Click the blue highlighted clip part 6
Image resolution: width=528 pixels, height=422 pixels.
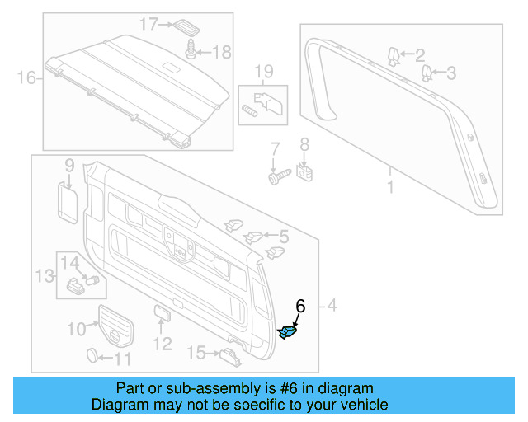point(290,332)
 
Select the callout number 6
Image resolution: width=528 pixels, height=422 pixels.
point(300,306)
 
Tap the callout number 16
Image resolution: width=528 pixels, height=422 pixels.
point(26,78)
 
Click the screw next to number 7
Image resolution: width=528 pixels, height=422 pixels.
point(277,175)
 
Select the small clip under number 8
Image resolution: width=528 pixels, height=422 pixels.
point(304,173)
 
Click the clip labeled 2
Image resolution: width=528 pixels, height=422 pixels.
point(394,57)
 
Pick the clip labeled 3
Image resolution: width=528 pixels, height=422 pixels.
point(427,74)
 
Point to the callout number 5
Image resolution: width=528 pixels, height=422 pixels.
point(283,237)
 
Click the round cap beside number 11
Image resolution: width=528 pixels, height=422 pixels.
point(94,356)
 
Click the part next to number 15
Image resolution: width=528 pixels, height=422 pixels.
point(230,355)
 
